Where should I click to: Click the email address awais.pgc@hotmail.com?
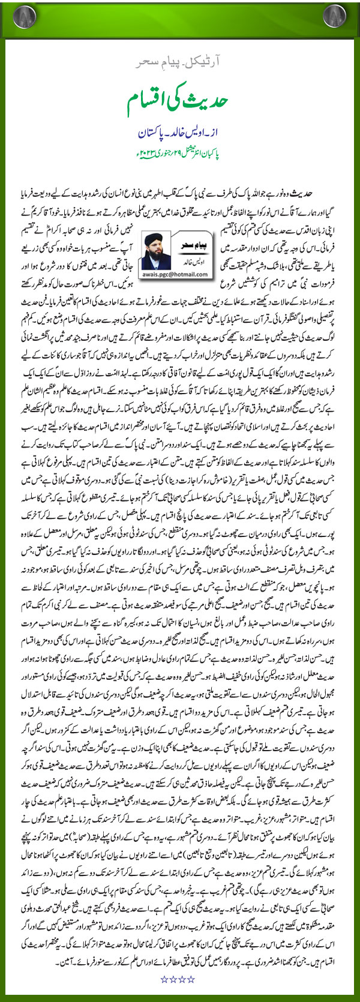174,274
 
